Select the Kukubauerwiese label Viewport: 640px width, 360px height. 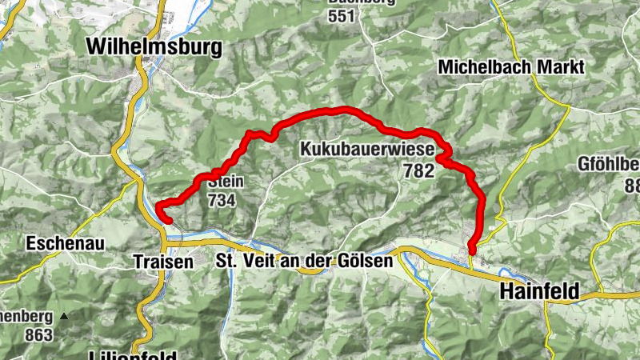pyautogui.click(x=367, y=149)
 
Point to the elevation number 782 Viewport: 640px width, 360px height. pyautogui.click(x=418, y=170)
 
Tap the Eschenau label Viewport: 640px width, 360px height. pyautogui.click(x=57, y=242)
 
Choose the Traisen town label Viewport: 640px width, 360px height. pyautogui.click(x=163, y=261)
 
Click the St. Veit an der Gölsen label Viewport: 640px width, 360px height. pyautogui.click(x=305, y=261)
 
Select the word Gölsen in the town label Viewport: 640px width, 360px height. pyautogui.click(x=370, y=261)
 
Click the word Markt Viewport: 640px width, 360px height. pyautogui.click(x=562, y=67)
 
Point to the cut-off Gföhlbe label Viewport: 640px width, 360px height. pyautogui.click(x=609, y=166)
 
